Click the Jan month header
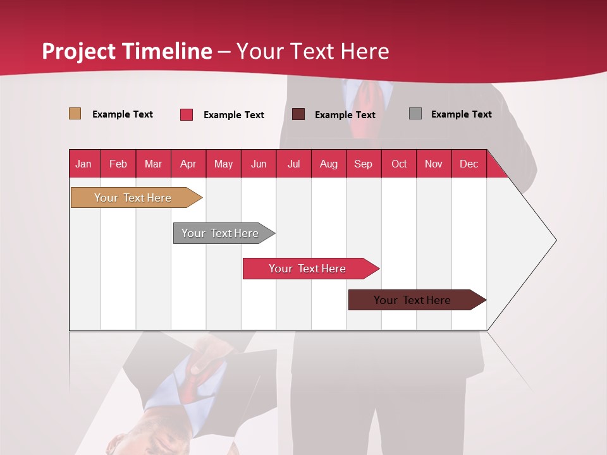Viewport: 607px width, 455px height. point(83,164)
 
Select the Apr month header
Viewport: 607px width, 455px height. point(188,164)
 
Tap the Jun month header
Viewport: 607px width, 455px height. point(259,164)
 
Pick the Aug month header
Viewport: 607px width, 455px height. point(328,164)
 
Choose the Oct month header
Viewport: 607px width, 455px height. point(399,164)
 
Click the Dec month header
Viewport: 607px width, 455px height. point(469,164)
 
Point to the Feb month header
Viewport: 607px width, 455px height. point(118,164)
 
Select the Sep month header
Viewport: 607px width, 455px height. point(363,164)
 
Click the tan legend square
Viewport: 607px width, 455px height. point(75,114)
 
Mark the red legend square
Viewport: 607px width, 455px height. point(187,114)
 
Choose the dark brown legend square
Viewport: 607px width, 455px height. point(298,114)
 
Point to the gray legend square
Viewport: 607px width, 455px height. point(415,114)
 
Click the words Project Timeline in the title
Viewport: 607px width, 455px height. point(127,51)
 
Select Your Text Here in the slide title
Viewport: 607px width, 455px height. point(313,51)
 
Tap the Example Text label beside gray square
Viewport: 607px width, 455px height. point(461,114)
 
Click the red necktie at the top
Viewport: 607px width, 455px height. point(367,104)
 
